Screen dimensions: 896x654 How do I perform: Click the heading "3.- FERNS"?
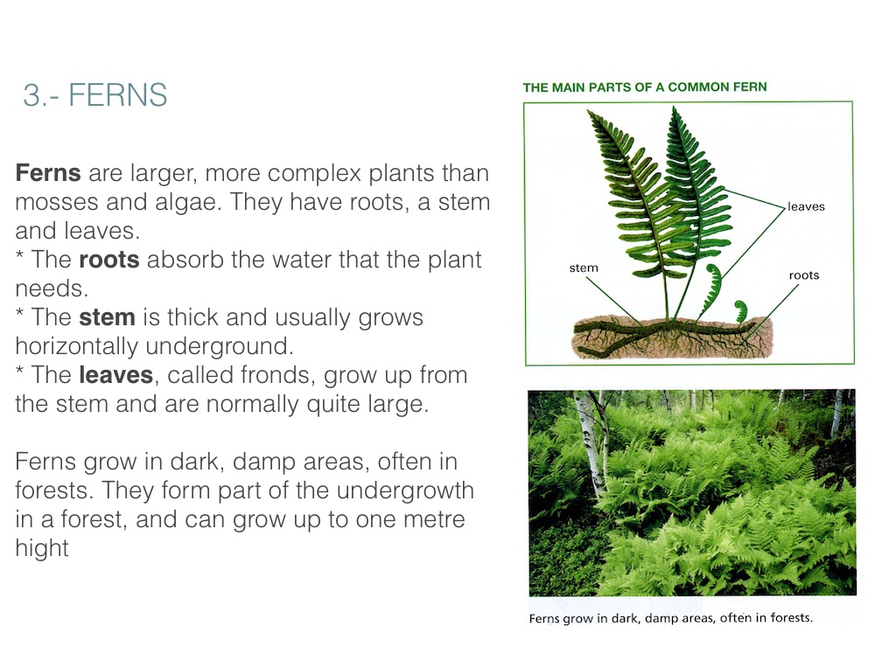94,94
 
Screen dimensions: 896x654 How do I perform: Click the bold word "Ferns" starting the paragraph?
48,173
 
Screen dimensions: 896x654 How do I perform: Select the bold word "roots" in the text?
109,260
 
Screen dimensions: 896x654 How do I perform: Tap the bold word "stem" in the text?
107,317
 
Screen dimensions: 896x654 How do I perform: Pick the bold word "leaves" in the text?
116,375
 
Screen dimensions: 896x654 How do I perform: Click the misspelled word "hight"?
42,548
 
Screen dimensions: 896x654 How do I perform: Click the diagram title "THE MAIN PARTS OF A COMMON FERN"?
645,87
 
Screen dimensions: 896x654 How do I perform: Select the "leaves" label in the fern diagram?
806,206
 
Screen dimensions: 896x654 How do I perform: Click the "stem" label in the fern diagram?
584,268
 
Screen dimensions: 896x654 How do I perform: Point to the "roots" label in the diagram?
804,275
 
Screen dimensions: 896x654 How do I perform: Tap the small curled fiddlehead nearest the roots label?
740,310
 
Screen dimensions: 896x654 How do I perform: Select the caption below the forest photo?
671,618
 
